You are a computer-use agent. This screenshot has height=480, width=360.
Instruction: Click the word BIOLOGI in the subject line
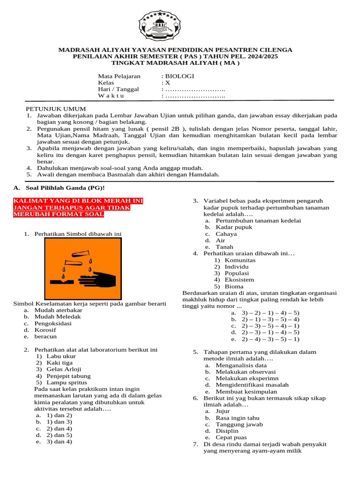click(179, 76)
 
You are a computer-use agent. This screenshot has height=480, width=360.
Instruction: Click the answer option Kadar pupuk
click(234, 227)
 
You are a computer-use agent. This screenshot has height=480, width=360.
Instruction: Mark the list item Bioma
click(234, 286)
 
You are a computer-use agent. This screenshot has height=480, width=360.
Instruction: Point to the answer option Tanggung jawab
click(239, 424)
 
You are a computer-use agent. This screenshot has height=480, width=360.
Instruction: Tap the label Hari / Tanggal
click(118, 89)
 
